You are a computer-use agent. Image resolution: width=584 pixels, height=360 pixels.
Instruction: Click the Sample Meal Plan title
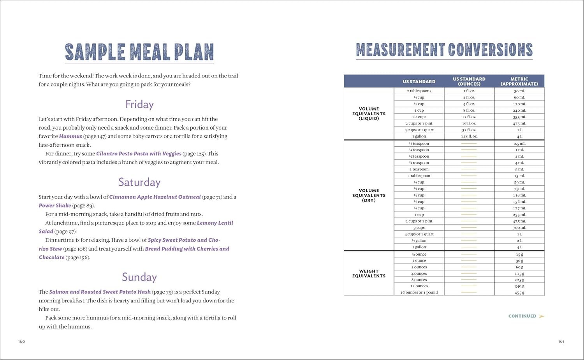(x=139, y=52)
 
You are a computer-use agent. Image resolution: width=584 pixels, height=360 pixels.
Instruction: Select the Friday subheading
(x=139, y=104)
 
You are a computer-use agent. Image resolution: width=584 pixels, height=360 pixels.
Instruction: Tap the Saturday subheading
(x=139, y=182)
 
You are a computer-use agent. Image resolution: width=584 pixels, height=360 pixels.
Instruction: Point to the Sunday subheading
(x=139, y=277)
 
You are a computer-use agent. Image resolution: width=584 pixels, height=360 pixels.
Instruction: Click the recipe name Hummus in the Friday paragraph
(x=70, y=136)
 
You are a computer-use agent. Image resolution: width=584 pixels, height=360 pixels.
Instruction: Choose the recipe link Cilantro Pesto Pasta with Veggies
(x=139, y=154)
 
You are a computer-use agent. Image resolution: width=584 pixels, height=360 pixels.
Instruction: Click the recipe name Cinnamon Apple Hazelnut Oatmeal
(x=155, y=197)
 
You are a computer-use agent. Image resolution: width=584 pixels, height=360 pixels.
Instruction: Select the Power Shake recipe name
(x=55, y=205)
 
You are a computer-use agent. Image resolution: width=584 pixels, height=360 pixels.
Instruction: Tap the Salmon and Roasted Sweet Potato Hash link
(x=100, y=292)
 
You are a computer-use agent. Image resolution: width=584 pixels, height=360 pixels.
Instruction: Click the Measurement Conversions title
(x=444, y=50)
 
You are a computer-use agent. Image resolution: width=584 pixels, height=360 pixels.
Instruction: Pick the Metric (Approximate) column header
(x=519, y=81)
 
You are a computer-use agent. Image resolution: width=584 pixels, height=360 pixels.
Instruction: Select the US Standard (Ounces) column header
(x=469, y=81)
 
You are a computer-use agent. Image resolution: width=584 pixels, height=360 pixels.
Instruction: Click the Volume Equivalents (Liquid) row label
(x=369, y=114)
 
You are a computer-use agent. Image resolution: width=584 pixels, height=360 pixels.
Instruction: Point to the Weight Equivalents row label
(x=369, y=274)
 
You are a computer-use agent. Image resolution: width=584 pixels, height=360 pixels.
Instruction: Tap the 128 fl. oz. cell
(x=469, y=137)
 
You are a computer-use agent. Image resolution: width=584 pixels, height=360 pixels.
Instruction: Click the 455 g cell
(x=519, y=293)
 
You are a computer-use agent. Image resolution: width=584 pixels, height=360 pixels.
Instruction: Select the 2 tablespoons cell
(x=419, y=91)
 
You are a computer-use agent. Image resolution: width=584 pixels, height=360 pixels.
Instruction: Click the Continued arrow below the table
(x=542, y=316)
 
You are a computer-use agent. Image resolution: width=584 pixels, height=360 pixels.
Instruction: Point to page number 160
(x=21, y=342)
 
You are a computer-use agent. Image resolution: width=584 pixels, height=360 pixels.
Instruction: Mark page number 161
(x=561, y=342)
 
